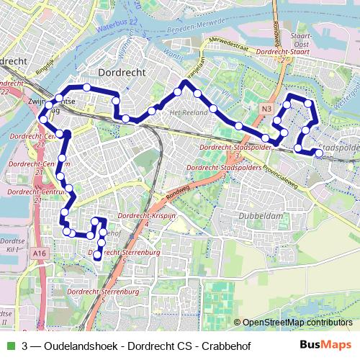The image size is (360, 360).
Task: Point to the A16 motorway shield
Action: pos(39,253)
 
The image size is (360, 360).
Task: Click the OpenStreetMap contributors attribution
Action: pos(297,323)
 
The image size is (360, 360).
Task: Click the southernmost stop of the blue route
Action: pos(97,256)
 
